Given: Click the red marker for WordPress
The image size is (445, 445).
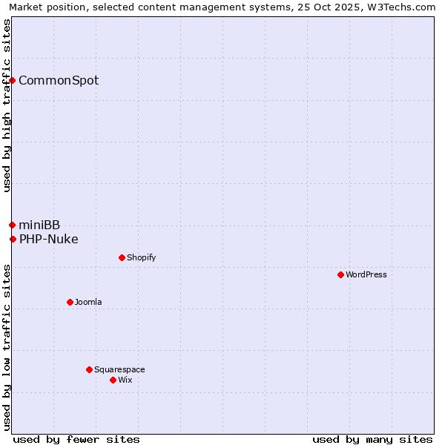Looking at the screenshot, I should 340,274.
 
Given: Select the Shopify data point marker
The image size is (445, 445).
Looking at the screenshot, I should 122,257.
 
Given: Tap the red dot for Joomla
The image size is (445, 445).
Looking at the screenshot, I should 70,302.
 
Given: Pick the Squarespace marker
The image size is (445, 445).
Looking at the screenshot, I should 89,369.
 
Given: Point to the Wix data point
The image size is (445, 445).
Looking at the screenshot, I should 113,380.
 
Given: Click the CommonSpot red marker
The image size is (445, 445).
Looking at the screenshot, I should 13,80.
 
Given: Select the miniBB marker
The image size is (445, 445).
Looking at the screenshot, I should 12,225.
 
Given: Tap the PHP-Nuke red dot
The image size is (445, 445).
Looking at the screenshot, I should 13,239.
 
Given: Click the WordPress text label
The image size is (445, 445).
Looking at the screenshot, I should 366,274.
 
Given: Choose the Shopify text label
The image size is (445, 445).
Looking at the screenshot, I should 141,257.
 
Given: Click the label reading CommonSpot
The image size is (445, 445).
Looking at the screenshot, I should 59,80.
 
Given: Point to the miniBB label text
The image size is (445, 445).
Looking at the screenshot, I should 39,225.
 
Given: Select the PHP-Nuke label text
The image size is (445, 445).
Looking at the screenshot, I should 49,239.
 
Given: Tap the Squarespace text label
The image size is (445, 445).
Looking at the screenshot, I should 119,369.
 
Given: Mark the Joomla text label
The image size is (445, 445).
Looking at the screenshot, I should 88,302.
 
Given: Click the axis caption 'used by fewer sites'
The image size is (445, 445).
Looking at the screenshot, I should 76,439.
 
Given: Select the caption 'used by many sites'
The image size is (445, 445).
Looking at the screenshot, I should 372,439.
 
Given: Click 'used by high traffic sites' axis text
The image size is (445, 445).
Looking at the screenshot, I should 7,105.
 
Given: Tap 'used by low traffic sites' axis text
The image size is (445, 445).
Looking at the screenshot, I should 7,347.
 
